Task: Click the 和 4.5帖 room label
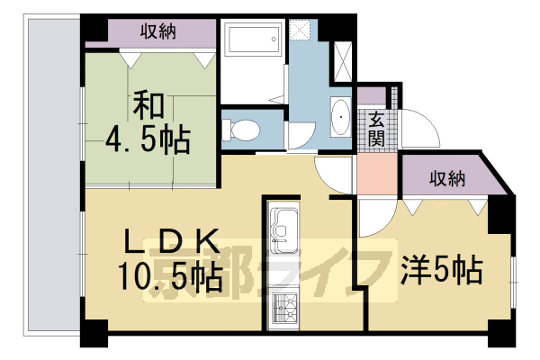148,123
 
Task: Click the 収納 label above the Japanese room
158,31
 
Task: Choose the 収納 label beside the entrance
446,177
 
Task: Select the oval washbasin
340,118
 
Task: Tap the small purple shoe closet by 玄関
370,94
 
